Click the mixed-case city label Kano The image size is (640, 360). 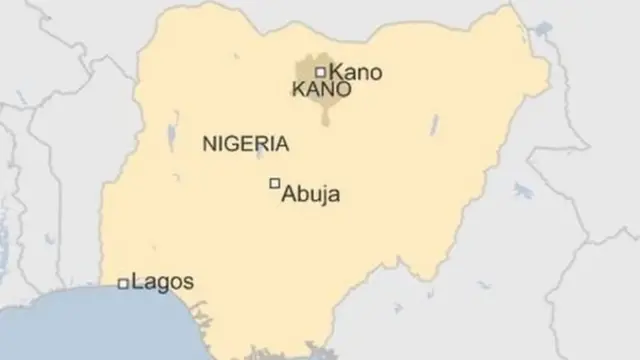click(x=356, y=72)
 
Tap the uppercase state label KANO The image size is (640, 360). click(x=321, y=90)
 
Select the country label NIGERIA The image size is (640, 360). click(x=246, y=144)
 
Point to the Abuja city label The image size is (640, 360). click(x=311, y=194)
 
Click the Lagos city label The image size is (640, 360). click(x=163, y=282)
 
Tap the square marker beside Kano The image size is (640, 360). click(x=320, y=72)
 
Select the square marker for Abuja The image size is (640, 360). click(x=274, y=183)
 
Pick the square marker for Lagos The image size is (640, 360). click(x=123, y=284)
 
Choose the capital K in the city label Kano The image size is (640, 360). click(x=336, y=72)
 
